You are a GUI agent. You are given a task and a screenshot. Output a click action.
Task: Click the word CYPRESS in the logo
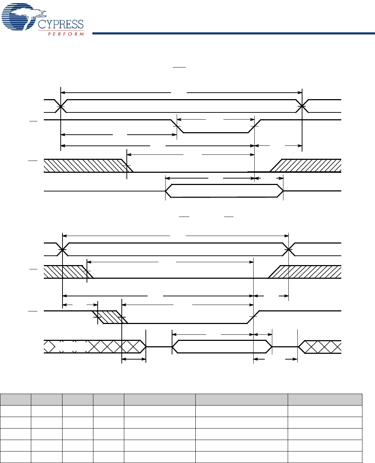tap(61, 24)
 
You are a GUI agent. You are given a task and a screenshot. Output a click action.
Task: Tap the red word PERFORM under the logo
tap(66, 34)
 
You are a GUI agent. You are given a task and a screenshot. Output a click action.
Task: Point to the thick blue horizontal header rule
tap(233, 33)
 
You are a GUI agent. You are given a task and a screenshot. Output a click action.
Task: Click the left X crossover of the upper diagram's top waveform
tap(61, 106)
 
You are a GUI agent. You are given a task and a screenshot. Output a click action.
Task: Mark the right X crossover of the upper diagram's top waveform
tap(302, 106)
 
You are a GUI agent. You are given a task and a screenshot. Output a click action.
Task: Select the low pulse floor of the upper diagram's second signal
tap(216, 133)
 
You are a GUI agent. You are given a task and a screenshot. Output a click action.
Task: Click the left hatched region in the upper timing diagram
tap(84, 166)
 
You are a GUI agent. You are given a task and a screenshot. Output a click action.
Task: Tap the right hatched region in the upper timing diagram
tap(309, 166)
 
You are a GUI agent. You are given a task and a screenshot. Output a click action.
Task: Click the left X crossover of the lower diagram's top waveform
tap(62, 249)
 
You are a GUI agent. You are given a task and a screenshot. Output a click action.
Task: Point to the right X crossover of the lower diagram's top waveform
tap(289, 249)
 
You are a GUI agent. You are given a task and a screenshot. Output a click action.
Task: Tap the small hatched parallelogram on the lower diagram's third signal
tap(110, 317)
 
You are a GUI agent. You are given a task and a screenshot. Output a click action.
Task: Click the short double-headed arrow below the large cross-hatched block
tap(134, 359)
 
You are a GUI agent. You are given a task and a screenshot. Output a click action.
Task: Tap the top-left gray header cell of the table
tap(15, 400)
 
